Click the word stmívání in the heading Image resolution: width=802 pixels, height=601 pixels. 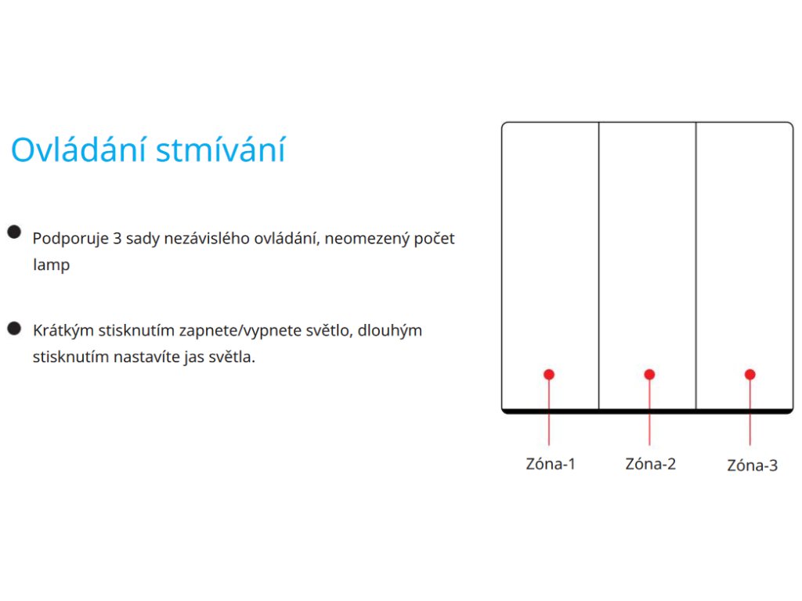(220, 149)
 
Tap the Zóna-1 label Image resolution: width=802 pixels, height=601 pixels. (551, 463)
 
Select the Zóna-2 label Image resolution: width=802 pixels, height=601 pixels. (650, 463)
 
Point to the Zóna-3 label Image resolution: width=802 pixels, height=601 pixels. (752, 465)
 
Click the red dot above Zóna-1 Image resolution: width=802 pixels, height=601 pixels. (549, 375)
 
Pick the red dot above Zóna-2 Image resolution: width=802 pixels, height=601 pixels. (649, 375)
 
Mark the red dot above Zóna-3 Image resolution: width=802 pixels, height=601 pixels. (750, 375)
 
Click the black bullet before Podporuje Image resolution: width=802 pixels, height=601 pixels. (14, 232)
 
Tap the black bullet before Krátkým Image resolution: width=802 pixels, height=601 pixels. (14, 329)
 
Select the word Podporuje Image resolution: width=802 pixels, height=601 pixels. (70, 239)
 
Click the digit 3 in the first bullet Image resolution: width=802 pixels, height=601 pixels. (117, 239)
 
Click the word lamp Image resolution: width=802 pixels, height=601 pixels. (51, 265)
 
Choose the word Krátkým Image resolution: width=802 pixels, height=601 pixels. (63, 331)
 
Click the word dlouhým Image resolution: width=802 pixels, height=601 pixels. (390, 331)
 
